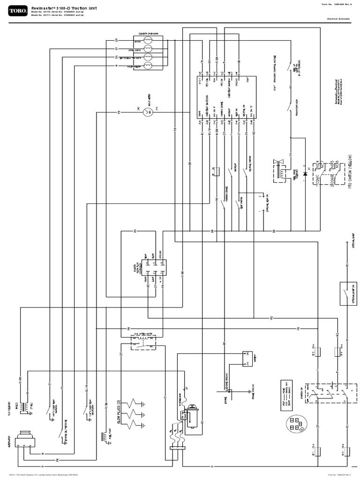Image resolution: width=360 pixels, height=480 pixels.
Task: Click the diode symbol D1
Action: point(305,172)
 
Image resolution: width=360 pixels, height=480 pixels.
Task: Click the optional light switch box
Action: point(347,286)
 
